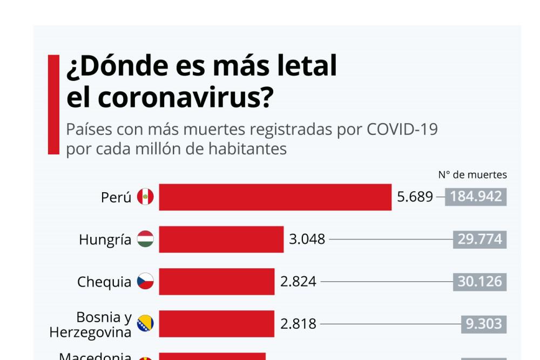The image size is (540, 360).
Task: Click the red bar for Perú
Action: click(x=275, y=197)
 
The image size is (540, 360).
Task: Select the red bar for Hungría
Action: click(x=221, y=239)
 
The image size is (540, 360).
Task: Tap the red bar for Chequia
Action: click(x=217, y=281)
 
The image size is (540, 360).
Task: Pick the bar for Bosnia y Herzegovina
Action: click(x=217, y=324)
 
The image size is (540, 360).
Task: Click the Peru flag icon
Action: click(x=145, y=197)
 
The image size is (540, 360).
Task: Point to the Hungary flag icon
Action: click(x=145, y=239)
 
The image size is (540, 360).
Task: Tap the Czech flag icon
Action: click(x=145, y=281)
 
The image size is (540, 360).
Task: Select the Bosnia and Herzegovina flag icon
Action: click(x=145, y=324)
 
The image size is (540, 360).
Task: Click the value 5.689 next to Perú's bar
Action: click(x=415, y=197)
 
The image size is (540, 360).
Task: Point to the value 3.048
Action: click(x=307, y=239)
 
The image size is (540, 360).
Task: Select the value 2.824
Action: click(x=298, y=281)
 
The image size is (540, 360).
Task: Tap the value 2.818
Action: click(x=298, y=324)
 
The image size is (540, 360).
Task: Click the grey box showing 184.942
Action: click(x=476, y=197)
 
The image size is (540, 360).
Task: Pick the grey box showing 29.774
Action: click(x=480, y=239)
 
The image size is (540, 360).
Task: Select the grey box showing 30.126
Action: click(x=480, y=281)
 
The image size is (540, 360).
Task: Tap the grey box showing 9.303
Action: click(x=483, y=324)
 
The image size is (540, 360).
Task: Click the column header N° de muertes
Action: click(x=473, y=175)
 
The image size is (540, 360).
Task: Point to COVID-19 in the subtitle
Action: click(x=402, y=130)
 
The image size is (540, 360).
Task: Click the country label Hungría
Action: click(x=105, y=240)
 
